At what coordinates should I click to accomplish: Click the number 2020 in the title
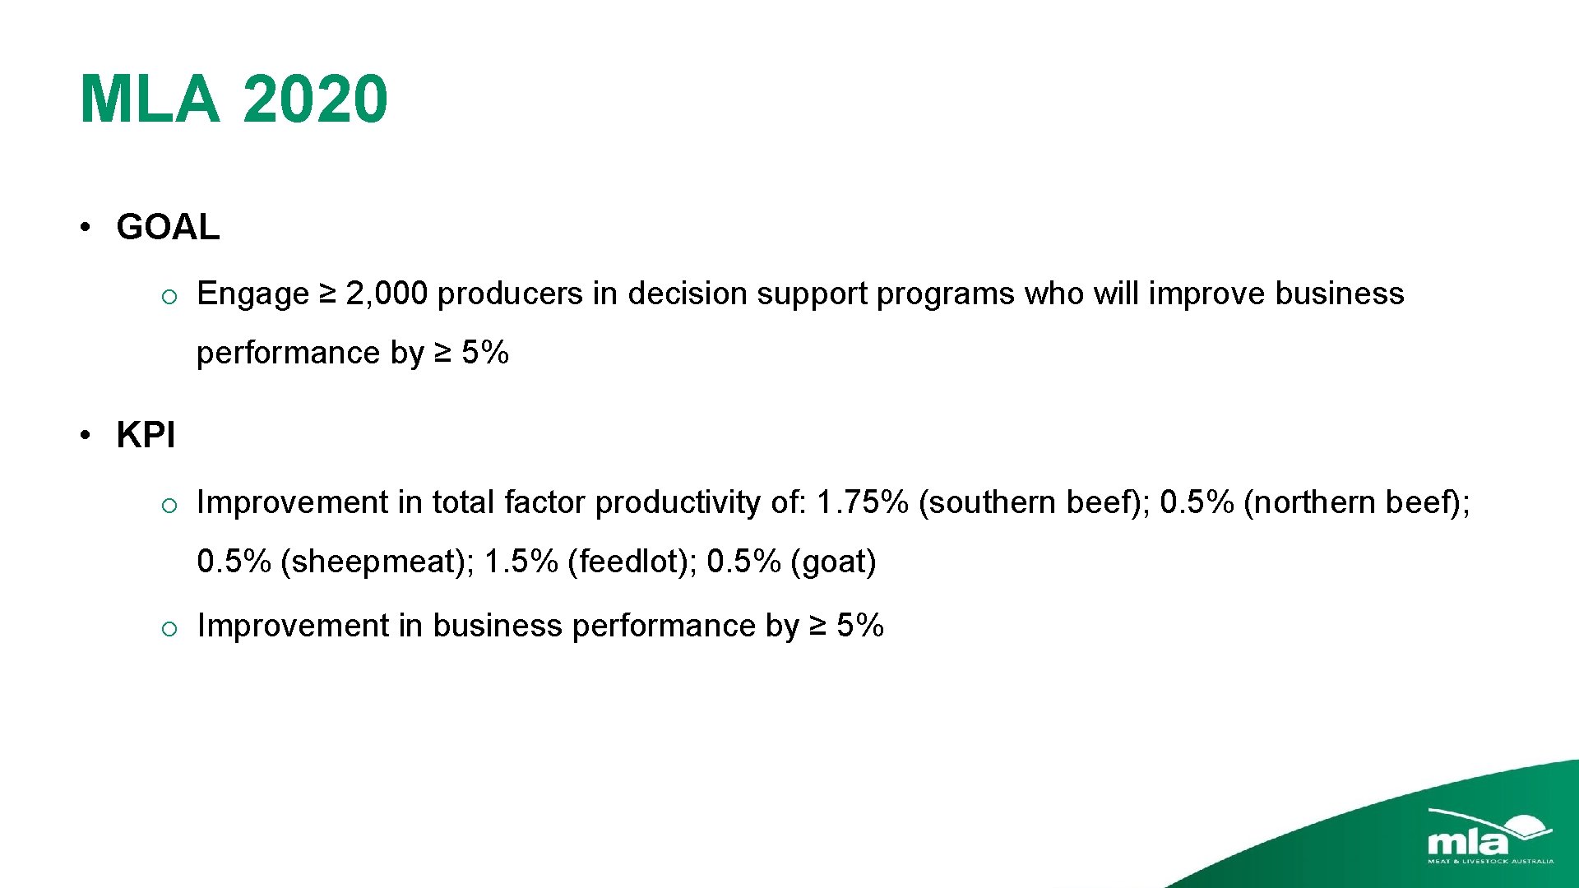[x=315, y=99]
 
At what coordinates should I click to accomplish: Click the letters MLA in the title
[x=150, y=99]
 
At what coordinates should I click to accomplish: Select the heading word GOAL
[x=168, y=227]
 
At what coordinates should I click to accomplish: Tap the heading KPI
[x=146, y=435]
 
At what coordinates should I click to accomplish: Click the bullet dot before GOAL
[x=85, y=227]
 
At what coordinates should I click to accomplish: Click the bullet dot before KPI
[x=85, y=435]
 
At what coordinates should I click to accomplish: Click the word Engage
[x=252, y=294]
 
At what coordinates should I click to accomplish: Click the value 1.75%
[x=862, y=502]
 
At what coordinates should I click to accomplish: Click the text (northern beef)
[x=1355, y=502]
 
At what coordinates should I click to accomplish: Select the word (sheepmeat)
[x=377, y=562]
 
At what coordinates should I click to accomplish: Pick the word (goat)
[x=833, y=562]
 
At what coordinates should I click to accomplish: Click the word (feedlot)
[x=632, y=562]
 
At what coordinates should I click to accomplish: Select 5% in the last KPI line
[x=859, y=627]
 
